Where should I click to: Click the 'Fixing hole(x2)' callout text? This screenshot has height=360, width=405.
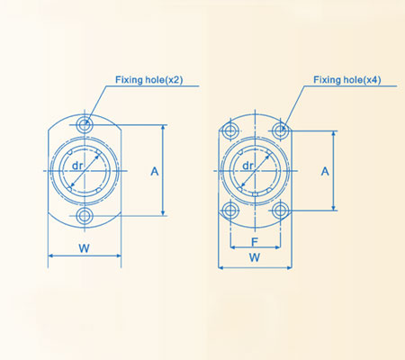point(148,80)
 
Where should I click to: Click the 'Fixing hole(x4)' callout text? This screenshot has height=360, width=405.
point(346,80)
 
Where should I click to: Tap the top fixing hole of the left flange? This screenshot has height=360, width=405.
point(85,124)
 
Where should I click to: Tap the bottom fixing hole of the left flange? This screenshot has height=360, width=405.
point(85,216)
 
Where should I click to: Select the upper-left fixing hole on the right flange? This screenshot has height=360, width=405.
point(229,131)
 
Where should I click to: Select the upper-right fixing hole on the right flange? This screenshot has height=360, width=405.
point(282,131)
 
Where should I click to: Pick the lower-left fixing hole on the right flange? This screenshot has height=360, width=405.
point(229,211)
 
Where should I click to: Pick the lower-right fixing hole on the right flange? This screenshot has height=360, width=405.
point(282,211)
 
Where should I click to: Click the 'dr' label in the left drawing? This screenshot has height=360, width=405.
point(78,166)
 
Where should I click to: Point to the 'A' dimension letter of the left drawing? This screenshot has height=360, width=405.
point(155,170)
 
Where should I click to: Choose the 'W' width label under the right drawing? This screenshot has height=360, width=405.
point(255,256)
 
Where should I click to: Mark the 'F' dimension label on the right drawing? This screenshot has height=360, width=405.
point(256,240)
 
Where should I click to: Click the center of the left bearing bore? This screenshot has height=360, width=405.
point(85,170)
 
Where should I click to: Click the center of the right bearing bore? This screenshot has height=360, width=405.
point(256,170)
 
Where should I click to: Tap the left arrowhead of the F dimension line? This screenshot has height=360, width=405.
point(233,248)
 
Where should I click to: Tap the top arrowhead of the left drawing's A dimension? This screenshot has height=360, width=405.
point(162,128)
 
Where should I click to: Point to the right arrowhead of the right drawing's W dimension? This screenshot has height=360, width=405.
point(290,266)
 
